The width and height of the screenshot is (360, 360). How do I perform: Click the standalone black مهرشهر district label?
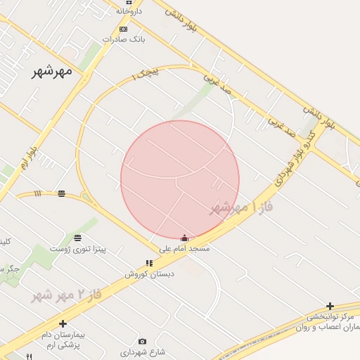tap(52, 71)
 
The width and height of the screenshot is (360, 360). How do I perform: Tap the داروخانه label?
tap(129, 11)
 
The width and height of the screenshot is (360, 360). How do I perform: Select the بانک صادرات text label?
tap(123, 39)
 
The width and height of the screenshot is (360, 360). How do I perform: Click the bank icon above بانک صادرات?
tap(124, 29)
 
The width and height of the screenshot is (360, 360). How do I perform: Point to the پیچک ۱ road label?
tap(146, 73)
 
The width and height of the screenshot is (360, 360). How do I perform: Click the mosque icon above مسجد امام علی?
tap(184, 238)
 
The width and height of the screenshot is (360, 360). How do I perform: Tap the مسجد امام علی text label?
tap(184, 249)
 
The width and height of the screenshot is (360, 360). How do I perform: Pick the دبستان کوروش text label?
tap(149, 274)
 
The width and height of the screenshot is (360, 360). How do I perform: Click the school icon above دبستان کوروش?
tap(148, 263)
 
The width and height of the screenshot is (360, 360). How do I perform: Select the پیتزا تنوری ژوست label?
tap(77, 248)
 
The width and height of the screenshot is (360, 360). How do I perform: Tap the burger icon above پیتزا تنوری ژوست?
tap(77, 238)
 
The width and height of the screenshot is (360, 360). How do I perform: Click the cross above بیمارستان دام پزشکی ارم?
tap(63, 323)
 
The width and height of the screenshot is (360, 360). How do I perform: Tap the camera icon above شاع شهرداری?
tap(143, 341)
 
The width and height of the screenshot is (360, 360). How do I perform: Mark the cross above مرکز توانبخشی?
tap(330, 306)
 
